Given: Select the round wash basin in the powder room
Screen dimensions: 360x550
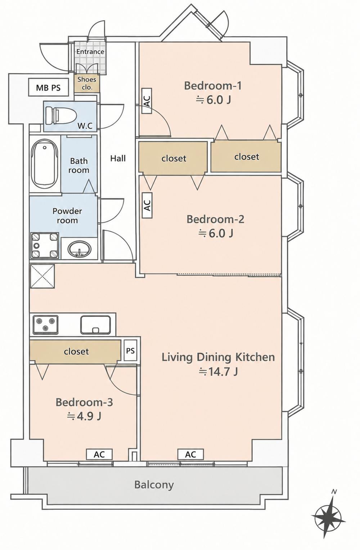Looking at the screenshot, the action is pos(79,249).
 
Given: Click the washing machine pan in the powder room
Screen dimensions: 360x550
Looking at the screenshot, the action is pos(44,245).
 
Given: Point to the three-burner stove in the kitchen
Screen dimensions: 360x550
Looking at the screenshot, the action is pos(46,325).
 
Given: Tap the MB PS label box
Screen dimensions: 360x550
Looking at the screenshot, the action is pos(48,87).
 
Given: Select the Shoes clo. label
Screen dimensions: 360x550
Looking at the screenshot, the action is pos(87,83).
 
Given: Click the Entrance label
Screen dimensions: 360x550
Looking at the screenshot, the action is pos(90,52).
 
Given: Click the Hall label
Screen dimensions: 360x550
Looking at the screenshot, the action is pos(118,158).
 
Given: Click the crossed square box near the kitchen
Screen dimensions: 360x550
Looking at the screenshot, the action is pos(42,276).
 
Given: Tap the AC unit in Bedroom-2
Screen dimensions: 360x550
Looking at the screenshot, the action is pos(147,206).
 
